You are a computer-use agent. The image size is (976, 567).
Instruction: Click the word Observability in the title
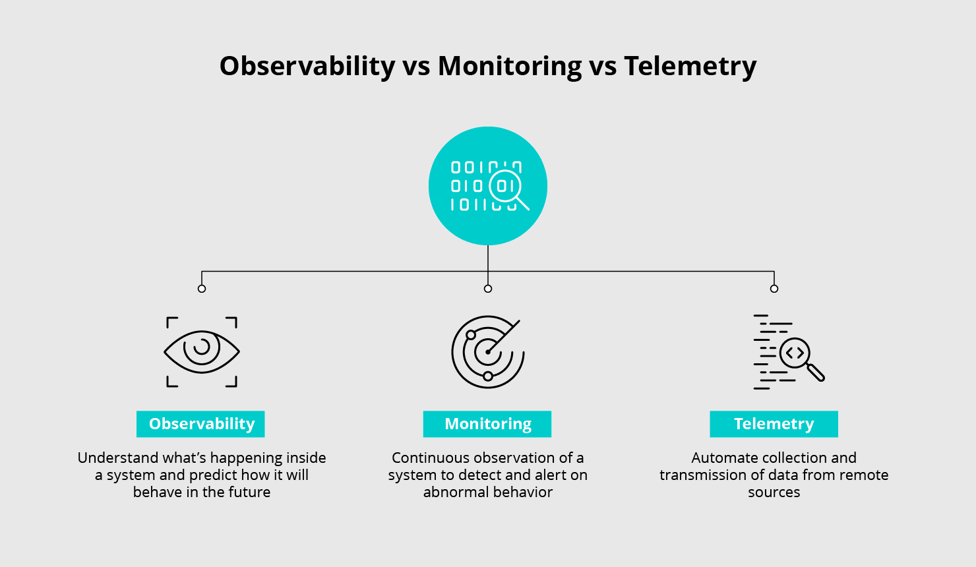click(x=307, y=67)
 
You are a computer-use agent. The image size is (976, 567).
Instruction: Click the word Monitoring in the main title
click(x=510, y=67)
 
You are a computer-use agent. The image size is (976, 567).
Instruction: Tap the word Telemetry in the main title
click(x=690, y=67)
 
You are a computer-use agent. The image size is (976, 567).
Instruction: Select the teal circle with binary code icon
click(x=488, y=186)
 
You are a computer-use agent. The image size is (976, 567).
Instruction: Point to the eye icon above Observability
click(x=202, y=351)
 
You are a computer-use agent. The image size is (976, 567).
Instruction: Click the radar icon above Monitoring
click(x=488, y=351)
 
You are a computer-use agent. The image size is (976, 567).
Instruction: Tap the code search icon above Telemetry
click(x=789, y=352)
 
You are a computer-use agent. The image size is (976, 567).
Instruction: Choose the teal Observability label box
click(x=200, y=424)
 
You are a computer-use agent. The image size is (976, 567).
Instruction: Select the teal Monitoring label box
click(x=487, y=424)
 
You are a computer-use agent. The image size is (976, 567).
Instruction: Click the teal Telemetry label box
click(x=774, y=424)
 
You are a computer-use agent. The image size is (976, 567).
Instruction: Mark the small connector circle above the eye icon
click(x=202, y=289)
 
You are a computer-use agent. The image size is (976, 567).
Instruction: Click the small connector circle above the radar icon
click(x=488, y=289)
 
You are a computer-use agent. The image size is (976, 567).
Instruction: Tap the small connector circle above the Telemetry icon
click(x=774, y=289)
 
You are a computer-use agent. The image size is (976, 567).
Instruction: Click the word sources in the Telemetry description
click(x=774, y=492)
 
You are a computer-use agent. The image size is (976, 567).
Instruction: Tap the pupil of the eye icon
click(x=202, y=347)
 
